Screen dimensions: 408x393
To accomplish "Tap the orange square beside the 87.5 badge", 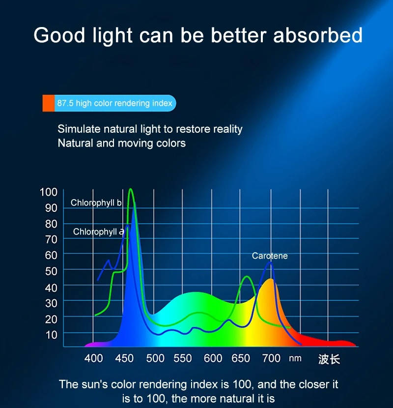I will (x=48, y=103).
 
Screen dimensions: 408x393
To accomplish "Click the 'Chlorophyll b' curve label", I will (x=96, y=203).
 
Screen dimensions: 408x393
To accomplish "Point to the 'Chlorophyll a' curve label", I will (x=98, y=232).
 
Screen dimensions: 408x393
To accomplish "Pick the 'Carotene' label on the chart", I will (x=270, y=256).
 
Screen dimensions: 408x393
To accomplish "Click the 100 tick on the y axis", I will (x=48, y=192).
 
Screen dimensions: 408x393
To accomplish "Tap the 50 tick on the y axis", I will (x=51, y=271).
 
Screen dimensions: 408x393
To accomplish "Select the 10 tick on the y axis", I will (x=51, y=334).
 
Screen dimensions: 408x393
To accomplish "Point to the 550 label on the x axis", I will (x=183, y=358).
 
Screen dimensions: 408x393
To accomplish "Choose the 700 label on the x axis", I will (x=271, y=358).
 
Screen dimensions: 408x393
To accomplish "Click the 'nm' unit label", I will (x=295, y=358).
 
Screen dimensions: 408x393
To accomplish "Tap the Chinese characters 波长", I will (x=329, y=359).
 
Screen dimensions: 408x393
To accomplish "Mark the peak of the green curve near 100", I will (x=131, y=189).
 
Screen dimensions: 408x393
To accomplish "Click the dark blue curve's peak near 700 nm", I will (x=270, y=262).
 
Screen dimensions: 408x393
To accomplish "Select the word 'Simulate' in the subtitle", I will (x=79, y=129).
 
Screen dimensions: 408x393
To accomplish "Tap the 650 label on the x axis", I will (x=241, y=358).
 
